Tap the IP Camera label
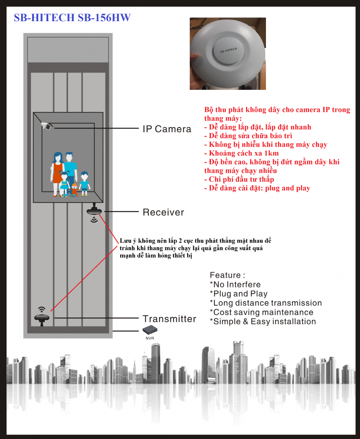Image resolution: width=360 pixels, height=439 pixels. [167, 129]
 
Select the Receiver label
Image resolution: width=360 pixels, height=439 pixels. [163, 212]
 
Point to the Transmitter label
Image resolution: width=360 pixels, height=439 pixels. [169, 319]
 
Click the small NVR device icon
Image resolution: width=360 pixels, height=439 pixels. [150, 330]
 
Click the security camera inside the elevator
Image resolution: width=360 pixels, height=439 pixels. [47, 125]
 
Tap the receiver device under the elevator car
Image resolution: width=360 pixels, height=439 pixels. [94, 211]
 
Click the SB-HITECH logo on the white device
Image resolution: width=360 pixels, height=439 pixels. [228, 49]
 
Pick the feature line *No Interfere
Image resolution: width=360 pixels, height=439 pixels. [235, 284]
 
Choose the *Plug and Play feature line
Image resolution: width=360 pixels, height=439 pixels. [239, 294]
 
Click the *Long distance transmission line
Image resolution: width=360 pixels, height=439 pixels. [266, 303]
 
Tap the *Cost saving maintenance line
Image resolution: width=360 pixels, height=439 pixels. [262, 312]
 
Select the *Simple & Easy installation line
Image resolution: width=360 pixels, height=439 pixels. [263, 322]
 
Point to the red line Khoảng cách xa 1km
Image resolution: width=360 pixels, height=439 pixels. [241, 153]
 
